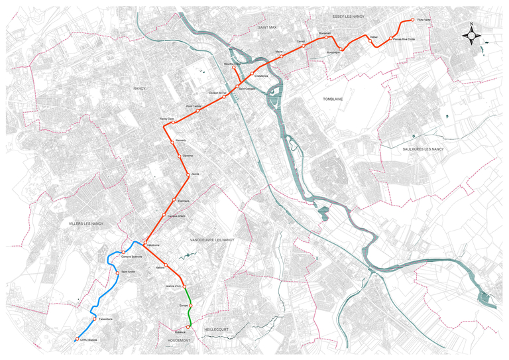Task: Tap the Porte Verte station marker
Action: tap(412, 21)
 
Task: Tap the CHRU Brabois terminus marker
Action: tap(78, 339)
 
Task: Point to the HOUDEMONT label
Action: tap(174, 339)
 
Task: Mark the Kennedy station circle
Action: tap(173, 143)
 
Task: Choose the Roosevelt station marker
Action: tap(327, 37)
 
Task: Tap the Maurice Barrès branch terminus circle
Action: tap(233, 68)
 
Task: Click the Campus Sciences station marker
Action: tap(123, 251)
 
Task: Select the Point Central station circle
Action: tap(198, 110)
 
